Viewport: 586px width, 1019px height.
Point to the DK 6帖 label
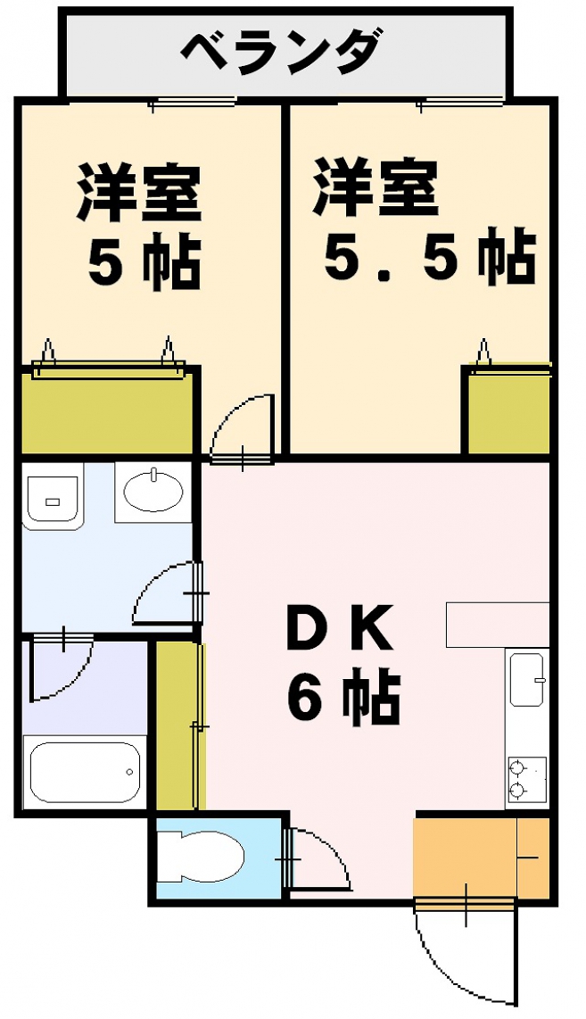click(341, 664)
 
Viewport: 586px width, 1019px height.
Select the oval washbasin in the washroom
click(153, 492)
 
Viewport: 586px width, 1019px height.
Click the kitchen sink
click(527, 679)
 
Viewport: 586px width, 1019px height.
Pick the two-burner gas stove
click(526, 779)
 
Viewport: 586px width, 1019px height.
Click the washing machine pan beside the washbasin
click(53, 496)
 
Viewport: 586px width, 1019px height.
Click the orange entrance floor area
click(482, 857)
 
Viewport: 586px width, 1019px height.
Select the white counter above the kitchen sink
click(498, 625)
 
